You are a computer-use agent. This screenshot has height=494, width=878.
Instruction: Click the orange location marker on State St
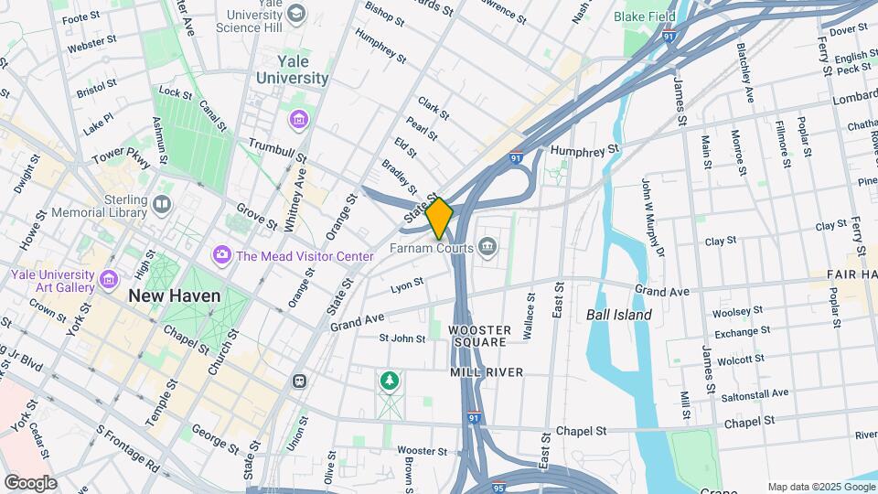[x=440, y=218]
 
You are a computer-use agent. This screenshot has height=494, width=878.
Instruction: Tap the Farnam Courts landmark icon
[x=488, y=247]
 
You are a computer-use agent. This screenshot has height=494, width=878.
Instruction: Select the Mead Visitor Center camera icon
[x=221, y=255]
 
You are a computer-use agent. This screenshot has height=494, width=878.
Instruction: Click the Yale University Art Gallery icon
[x=109, y=278]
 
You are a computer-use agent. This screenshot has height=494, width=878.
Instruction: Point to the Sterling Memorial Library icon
[x=162, y=204]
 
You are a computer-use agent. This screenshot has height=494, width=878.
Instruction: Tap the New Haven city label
[x=174, y=295]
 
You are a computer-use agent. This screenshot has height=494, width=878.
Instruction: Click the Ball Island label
[x=619, y=315]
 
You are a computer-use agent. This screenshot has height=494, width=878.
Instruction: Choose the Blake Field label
[x=644, y=17]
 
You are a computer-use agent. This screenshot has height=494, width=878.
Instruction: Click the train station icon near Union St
[x=298, y=381]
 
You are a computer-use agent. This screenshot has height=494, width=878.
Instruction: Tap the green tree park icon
[x=391, y=380]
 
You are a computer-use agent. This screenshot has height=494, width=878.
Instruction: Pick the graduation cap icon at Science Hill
[x=295, y=13]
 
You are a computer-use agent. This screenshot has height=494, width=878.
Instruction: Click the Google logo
[x=30, y=482]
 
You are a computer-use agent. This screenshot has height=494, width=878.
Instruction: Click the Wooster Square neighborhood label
[x=476, y=335]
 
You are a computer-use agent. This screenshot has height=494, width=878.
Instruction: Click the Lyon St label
[x=407, y=286]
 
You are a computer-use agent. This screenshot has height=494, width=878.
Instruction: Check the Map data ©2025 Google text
[x=819, y=487]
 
